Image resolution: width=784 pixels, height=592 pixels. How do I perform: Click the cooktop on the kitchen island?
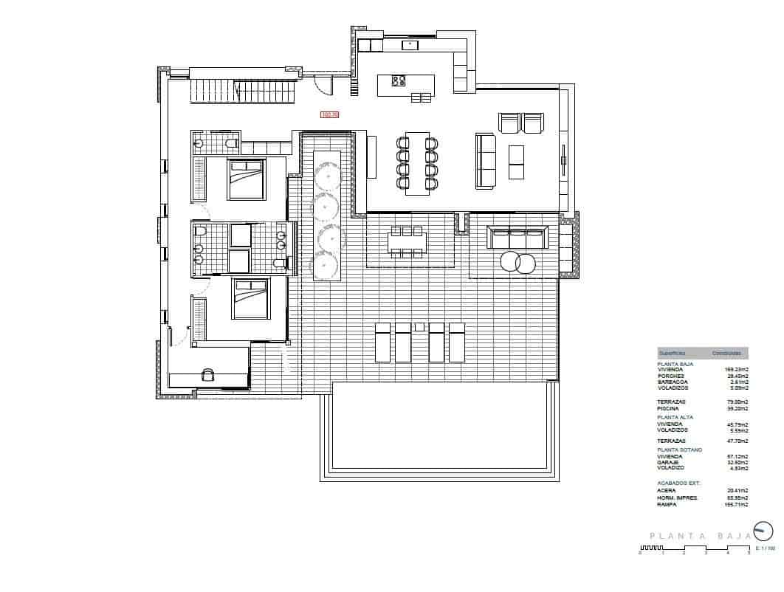[399, 81]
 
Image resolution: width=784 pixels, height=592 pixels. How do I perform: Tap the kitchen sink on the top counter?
[410, 45]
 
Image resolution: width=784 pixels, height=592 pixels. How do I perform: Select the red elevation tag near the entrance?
[329, 114]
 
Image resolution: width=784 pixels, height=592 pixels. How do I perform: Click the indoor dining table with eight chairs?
[417, 162]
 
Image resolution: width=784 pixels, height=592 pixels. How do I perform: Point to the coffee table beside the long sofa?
[516, 162]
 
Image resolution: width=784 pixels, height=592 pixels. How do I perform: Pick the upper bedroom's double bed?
[247, 179]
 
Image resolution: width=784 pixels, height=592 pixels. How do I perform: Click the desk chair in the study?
[207, 374]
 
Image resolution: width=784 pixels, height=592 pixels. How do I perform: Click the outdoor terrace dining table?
[407, 242]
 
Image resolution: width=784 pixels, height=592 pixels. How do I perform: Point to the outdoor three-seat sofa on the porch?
[517, 238]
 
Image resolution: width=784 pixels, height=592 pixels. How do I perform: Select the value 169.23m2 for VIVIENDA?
[737, 369]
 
